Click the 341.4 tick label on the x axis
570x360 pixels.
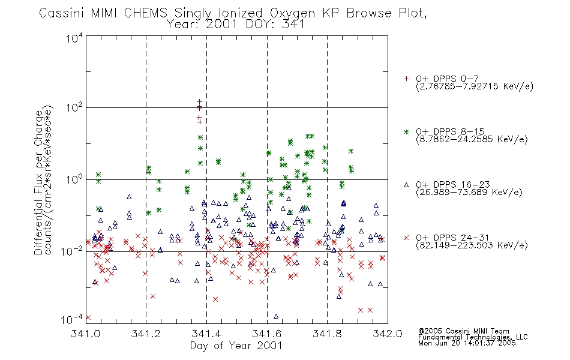(206, 334)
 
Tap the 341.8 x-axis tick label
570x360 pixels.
(327, 334)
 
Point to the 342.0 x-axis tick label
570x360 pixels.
(388, 334)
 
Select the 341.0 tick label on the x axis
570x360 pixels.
(86, 334)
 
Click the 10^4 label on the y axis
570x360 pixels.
(74, 38)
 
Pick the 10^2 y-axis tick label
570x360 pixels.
(74, 107)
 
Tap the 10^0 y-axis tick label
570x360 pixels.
(74, 179)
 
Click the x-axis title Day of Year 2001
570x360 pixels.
(236, 346)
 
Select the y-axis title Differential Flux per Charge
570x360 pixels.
(39, 182)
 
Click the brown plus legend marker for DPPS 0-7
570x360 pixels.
(406, 78)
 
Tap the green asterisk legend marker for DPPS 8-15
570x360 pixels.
(406, 131)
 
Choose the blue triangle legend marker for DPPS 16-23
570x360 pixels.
(406, 185)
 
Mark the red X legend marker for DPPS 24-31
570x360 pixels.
(406, 238)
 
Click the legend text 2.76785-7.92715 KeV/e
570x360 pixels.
(475, 86)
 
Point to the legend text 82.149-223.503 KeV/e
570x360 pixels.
(472, 245)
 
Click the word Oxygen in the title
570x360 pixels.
(293, 13)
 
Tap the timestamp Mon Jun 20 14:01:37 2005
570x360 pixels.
(467, 343)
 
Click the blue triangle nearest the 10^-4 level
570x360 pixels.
(276, 316)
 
